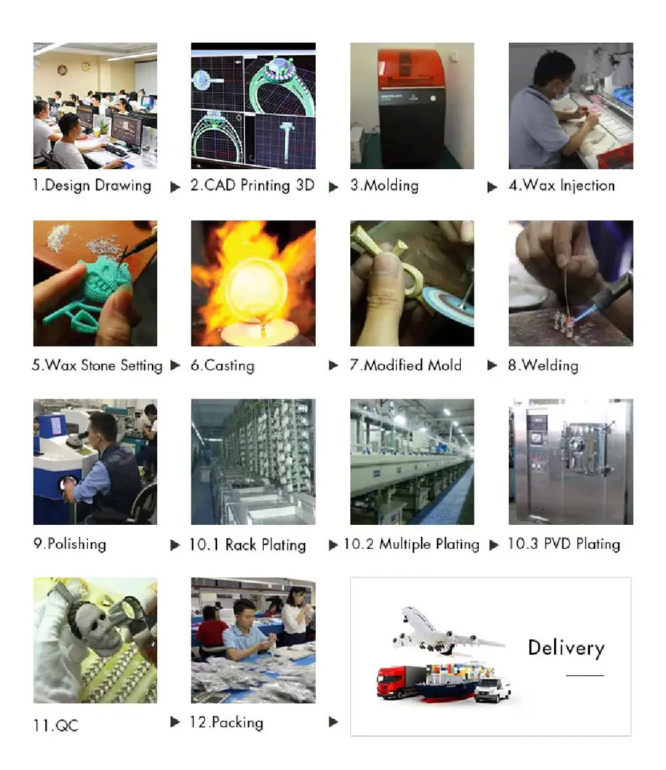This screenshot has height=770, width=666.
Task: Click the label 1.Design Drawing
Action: coord(92,186)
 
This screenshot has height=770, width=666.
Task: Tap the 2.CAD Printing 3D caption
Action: coord(253,185)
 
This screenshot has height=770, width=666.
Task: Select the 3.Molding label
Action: coord(384,185)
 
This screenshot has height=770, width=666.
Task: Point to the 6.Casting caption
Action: coord(223,365)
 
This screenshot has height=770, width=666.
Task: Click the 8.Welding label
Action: coord(543,365)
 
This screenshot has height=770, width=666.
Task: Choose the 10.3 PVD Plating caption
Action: coord(564,544)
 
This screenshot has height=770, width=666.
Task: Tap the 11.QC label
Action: coord(56,726)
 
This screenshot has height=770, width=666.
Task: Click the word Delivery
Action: coord(566,648)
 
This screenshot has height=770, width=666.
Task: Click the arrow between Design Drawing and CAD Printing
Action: coord(175,187)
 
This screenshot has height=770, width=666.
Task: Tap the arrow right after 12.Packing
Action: coord(333,721)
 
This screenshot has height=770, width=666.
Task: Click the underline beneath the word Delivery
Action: coord(585,676)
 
